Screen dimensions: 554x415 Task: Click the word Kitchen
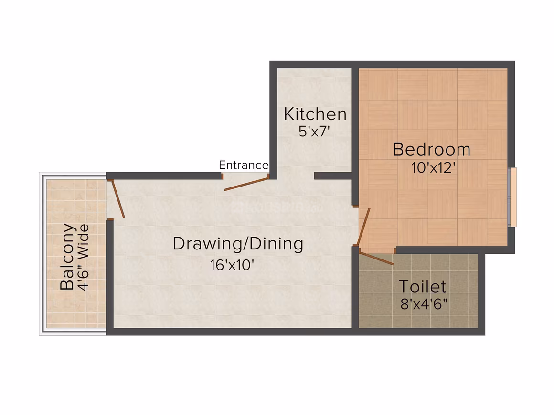tap(315, 114)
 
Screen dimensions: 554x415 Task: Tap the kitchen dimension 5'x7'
tap(314, 132)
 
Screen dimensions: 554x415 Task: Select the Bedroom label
tap(432, 149)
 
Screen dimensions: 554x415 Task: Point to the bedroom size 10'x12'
tap(433, 167)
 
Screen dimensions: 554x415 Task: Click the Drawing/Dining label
tap(238, 244)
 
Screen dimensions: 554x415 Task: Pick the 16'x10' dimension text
tap(232, 265)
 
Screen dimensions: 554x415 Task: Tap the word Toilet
tap(423, 287)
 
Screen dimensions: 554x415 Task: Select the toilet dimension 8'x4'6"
tap(424, 304)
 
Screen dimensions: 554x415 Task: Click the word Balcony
tap(67, 257)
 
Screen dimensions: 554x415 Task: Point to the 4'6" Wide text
tap(84, 258)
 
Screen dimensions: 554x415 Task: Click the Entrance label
tap(244, 165)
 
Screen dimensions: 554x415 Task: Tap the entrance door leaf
tap(246, 184)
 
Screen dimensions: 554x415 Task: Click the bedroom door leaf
tap(363, 227)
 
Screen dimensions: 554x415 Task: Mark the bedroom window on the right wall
tap(512, 197)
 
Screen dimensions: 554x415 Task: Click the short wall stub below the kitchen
tap(333, 176)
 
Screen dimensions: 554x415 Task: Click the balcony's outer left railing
tap(42, 253)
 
